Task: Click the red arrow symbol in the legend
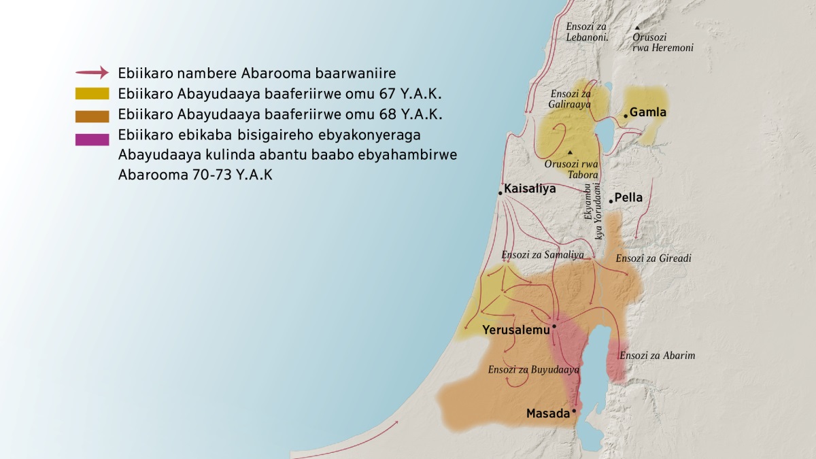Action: [x=92, y=72]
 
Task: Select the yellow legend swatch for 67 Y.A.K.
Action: [x=92, y=93]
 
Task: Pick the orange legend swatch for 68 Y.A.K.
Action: [x=92, y=114]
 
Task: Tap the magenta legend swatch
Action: [x=92, y=139]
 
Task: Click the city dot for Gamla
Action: [x=625, y=116]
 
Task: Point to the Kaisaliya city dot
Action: [x=500, y=194]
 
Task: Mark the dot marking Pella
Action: [x=611, y=201]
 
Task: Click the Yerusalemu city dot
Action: [x=554, y=326]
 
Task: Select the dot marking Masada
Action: [x=574, y=411]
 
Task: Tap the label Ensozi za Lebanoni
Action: [x=587, y=32]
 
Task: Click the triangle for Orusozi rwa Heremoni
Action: [x=637, y=27]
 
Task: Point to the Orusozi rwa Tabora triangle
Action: [x=570, y=152]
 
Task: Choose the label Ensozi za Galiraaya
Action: [x=570, y=99]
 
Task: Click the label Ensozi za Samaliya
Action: [x=543, y=255]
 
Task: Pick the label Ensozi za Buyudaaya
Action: [x=533, y=370]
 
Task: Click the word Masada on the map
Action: [x=547, y=413]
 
